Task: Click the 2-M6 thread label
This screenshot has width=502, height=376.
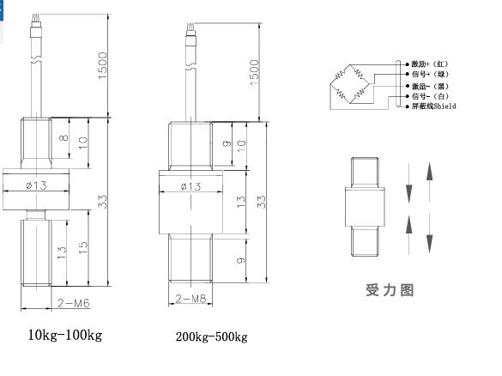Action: (74, 303)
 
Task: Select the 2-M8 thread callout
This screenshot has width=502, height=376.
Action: (191, 299)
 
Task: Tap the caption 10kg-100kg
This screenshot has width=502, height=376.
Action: (65, 336)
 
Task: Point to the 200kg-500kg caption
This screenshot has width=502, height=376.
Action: (212, 337)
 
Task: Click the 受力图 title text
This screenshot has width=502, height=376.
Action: (390, 290)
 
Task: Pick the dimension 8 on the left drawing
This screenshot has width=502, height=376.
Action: (64, 137)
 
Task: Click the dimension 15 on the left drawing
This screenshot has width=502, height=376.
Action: (82, 247)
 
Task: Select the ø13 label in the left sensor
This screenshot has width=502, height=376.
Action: (36, 185)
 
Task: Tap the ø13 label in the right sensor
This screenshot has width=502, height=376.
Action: (191, 186)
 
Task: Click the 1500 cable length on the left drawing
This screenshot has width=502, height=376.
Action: (102, 65)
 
